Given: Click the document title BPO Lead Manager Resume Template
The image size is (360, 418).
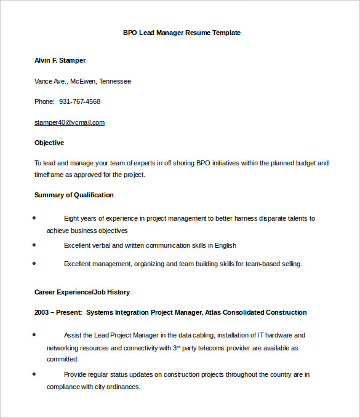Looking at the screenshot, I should (x=182, y=33).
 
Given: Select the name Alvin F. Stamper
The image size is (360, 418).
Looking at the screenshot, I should (x=60, y=60).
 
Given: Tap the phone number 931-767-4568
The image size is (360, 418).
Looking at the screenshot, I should (x=79, y=101).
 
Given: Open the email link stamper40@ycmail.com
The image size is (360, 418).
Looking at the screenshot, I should (x=70, y=122).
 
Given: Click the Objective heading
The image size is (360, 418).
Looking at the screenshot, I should (x=49, y=143).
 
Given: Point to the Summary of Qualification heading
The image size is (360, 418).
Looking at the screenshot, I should (x=74, y=195).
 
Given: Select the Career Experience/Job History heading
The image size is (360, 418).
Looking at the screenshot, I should (x=82, y=292).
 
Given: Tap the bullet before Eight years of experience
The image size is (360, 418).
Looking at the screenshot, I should (x=34, y=218).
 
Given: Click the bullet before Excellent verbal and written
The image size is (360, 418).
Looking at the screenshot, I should (x=34, y=245).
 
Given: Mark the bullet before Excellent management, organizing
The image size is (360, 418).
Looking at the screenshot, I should (x=34, y=263).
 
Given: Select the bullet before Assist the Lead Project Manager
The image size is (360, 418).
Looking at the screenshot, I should (x=34, y=334).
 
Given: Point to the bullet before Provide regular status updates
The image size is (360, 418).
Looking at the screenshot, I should (x=34, y=374).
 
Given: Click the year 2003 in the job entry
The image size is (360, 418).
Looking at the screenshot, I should (x=42, y=312).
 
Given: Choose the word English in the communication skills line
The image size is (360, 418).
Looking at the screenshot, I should (x=225, y=245).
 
